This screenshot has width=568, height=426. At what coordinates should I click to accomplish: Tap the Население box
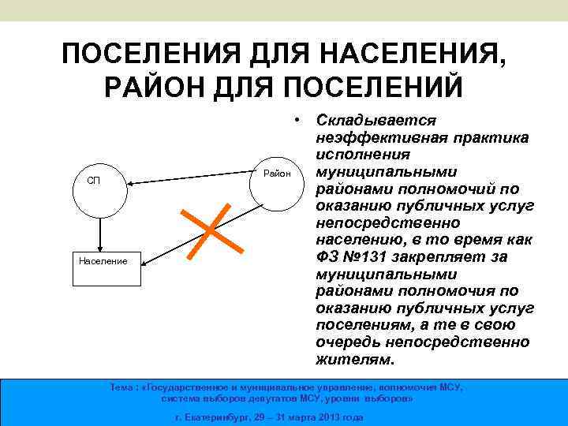coord(103,261)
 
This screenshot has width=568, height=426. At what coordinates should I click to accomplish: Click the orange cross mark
coord(210,230)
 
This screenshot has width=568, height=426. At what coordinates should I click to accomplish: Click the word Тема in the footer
coord(122,388)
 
